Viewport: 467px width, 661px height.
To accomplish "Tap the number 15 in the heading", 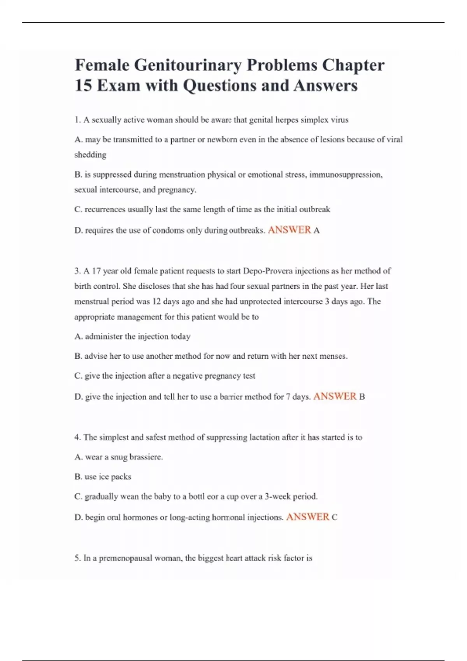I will (x=83, y=86).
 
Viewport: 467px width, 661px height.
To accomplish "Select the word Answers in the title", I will (x=325, y=86).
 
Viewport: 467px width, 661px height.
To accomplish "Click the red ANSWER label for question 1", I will (x=289, y=230).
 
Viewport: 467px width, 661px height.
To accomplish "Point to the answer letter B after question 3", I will (x=362, y=397).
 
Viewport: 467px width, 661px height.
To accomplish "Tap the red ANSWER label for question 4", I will (x=307, y=517).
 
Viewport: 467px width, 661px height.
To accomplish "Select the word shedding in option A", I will (x=90, y=155).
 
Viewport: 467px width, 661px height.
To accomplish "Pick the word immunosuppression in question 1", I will (x=345, y=175).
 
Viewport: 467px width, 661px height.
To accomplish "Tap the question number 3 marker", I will (x=77, y=271).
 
